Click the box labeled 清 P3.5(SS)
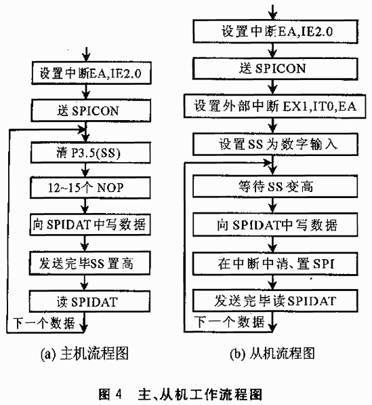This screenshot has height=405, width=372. point(91,153)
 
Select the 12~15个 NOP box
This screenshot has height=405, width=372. point(90,187)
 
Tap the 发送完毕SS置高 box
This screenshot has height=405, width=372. point(89,263)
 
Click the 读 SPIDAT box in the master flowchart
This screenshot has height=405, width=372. point(89,301)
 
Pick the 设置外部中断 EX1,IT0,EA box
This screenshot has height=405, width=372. point(274,106)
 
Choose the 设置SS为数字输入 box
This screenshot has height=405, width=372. point(276,144)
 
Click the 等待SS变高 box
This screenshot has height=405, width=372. point(276,187)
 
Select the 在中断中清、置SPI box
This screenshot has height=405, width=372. point(276,264)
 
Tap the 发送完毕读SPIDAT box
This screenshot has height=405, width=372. point(276,301)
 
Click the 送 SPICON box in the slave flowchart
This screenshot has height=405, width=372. point(276,69)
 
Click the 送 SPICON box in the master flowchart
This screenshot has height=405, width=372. point(91,111)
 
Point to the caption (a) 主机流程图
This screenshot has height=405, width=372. point(84,353)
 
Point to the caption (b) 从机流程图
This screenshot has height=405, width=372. point(272,353)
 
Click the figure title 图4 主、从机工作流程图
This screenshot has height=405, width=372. point(180,394)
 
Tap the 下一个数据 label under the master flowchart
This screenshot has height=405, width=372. point(44,323)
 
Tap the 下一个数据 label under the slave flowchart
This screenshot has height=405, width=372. point(229,322)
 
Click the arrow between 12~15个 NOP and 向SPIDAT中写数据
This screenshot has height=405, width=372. point(85,206)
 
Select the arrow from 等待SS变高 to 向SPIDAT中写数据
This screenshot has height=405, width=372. point(272,206)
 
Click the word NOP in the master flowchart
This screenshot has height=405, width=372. point(110,187)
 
